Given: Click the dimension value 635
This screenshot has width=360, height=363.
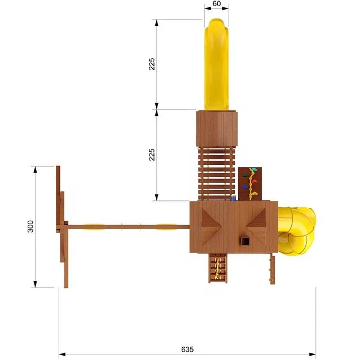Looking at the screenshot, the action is pyautogui.click(x=187, y=349).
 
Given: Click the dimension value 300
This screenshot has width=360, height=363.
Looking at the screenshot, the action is pyautogui.click(x=30, y=226).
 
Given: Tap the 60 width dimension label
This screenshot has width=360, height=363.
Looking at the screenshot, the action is pyautogui.click(x=217, y=4).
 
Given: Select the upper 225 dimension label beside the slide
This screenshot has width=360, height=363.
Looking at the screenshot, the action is pyautogui.click(x=152, y=64).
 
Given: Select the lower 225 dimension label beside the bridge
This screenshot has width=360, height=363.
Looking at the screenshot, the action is pyautogui.click(x=152, y=155).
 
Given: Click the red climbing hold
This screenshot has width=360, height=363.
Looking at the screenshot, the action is pyautogui.click(x=254, y=181).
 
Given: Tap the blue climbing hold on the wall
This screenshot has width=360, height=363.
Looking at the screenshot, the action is pyautogui.click(x=245, y=187).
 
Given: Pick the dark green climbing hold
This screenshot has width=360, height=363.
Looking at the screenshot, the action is pyautogui.click(x=245, y=175).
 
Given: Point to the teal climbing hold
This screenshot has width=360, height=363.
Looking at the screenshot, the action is pyautogui.click(x=254, y=169).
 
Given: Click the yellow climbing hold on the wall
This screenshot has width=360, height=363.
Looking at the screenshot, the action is pyautogui.click(x=254, y=194).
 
